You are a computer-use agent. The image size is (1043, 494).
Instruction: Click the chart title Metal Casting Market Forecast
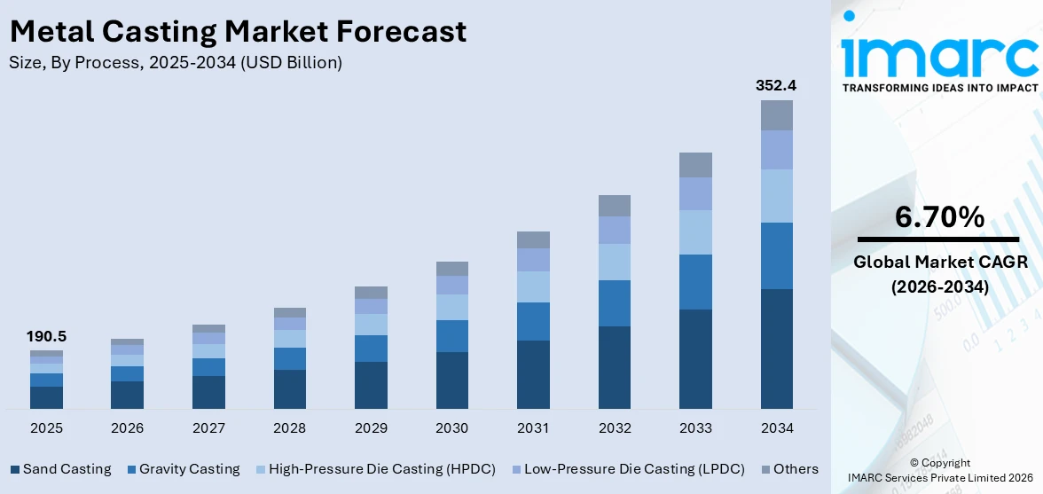click(x=238, y=32)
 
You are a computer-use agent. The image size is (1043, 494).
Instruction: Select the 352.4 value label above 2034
click(x=776, y=86)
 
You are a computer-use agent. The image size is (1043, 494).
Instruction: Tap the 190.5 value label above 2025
click(x=46, y=336)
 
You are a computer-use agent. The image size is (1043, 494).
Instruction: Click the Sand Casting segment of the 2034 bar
click(x=776, y=349)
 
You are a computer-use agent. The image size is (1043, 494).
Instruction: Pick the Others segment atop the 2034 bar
click(x=776, y=115)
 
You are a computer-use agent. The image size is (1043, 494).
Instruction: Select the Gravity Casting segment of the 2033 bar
click(x=695, y=282)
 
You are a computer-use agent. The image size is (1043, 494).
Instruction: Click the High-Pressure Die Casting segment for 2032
click(x=614, y=262)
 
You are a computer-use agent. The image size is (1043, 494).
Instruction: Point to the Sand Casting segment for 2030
click(x=451, y=380)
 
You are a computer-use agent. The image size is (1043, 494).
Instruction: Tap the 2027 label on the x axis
click(x=208, y=428)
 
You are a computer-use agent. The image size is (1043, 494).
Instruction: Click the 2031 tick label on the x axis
click(x=533, y=428)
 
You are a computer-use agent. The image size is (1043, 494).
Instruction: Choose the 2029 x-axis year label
click(x=371, y=428)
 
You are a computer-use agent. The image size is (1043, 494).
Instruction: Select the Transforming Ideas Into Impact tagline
click(x=939, y=88)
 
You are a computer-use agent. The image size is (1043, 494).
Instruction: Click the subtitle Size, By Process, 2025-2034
click(x=176, y=63)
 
